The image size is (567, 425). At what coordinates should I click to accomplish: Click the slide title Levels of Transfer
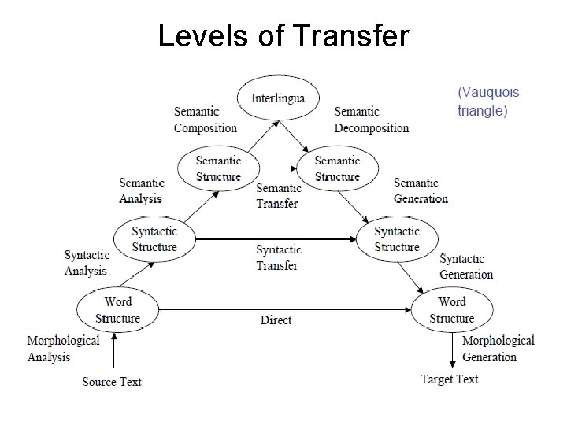pos(283,35)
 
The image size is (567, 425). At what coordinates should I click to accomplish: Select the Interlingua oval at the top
pos(277,98)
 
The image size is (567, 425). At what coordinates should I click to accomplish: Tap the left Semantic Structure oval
pos(218,168)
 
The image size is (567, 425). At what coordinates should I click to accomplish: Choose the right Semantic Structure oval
pos(337,168)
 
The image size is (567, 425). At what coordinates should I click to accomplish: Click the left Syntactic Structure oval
pos(154,239)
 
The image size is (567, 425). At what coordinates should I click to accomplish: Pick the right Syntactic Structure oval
pos(397,239)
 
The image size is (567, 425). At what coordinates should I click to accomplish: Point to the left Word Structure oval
pos(117,310)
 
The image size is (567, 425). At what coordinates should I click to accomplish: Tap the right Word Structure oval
pos(451,310)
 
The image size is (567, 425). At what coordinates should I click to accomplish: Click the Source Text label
pos(112,382)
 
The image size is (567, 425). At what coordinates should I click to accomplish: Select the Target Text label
pos(450,379)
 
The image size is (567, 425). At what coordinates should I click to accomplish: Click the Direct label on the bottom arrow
pos(276,320)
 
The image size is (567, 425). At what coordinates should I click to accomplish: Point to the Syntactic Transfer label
pos(278,258)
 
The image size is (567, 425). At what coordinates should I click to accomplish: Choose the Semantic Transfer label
pos(278,195)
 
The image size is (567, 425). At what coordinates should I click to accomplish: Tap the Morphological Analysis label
pos(63,349)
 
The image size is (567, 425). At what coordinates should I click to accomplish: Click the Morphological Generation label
pos(498,349)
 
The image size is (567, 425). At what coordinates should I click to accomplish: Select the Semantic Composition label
pos(205,120)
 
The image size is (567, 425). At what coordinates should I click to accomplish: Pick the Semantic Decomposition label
pos(372,120)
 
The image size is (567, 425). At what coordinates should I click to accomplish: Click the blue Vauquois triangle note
pos(488,102)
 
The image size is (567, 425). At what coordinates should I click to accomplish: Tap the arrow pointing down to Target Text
pos(452,351)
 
